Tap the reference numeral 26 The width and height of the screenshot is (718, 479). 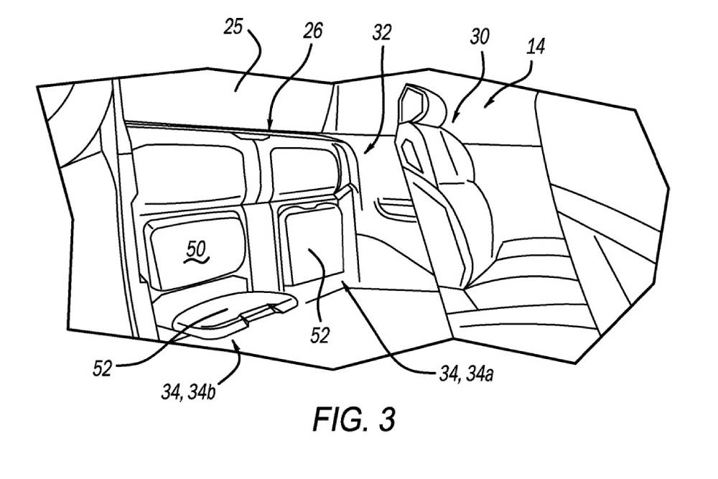pos(314,31)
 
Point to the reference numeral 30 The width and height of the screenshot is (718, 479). pos(480,36)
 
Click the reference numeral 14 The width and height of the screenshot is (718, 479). pos(536,47)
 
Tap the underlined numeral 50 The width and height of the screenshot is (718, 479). pos(197,251)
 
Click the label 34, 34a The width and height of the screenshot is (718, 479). pos(466,375)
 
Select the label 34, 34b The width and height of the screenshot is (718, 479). pos(188,392)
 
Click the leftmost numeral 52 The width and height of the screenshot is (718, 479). pos(102,368)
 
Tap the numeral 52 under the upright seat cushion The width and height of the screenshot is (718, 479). pos(320,335)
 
